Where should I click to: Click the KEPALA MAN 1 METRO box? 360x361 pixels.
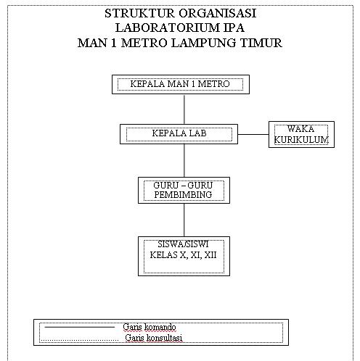179,84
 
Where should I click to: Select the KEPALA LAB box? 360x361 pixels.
179,134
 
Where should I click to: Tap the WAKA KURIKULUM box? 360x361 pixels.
301,134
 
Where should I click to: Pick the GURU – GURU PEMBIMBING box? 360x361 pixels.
183,190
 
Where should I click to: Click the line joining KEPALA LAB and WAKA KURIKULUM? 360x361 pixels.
254,134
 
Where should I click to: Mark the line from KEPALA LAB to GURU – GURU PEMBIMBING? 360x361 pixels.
184,160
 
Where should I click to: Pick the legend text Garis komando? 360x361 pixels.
150,328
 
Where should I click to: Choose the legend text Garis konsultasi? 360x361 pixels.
153,338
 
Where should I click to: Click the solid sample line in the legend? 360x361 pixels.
80,327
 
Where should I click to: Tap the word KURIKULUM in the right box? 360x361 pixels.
301,138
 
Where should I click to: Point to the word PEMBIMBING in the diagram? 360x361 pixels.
183,195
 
